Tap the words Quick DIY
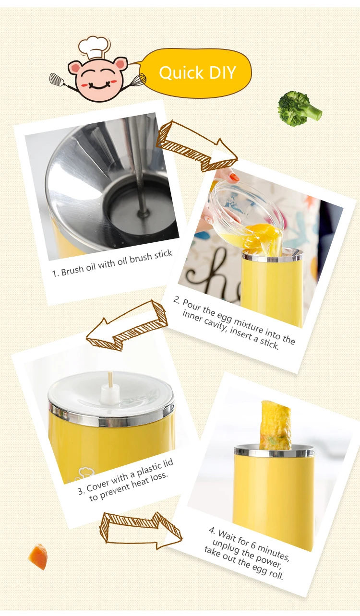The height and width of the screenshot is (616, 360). [197, 73]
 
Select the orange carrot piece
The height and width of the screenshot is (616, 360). [38, 556]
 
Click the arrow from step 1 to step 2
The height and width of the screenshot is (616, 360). [197, 146]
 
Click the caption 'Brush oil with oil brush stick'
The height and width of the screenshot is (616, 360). [112, 263]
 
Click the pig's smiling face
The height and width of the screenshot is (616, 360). [98, 79]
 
